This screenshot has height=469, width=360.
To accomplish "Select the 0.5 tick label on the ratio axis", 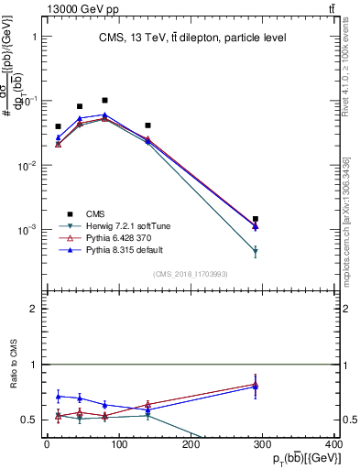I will pos(29,420).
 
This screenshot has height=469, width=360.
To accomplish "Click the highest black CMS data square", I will pos(105,100).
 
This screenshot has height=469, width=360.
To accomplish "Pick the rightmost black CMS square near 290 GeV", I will pos(256,219).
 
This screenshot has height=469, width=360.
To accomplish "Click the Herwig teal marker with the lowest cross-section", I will pos(256,251).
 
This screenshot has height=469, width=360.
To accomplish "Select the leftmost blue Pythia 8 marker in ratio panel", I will pos(58,397).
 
